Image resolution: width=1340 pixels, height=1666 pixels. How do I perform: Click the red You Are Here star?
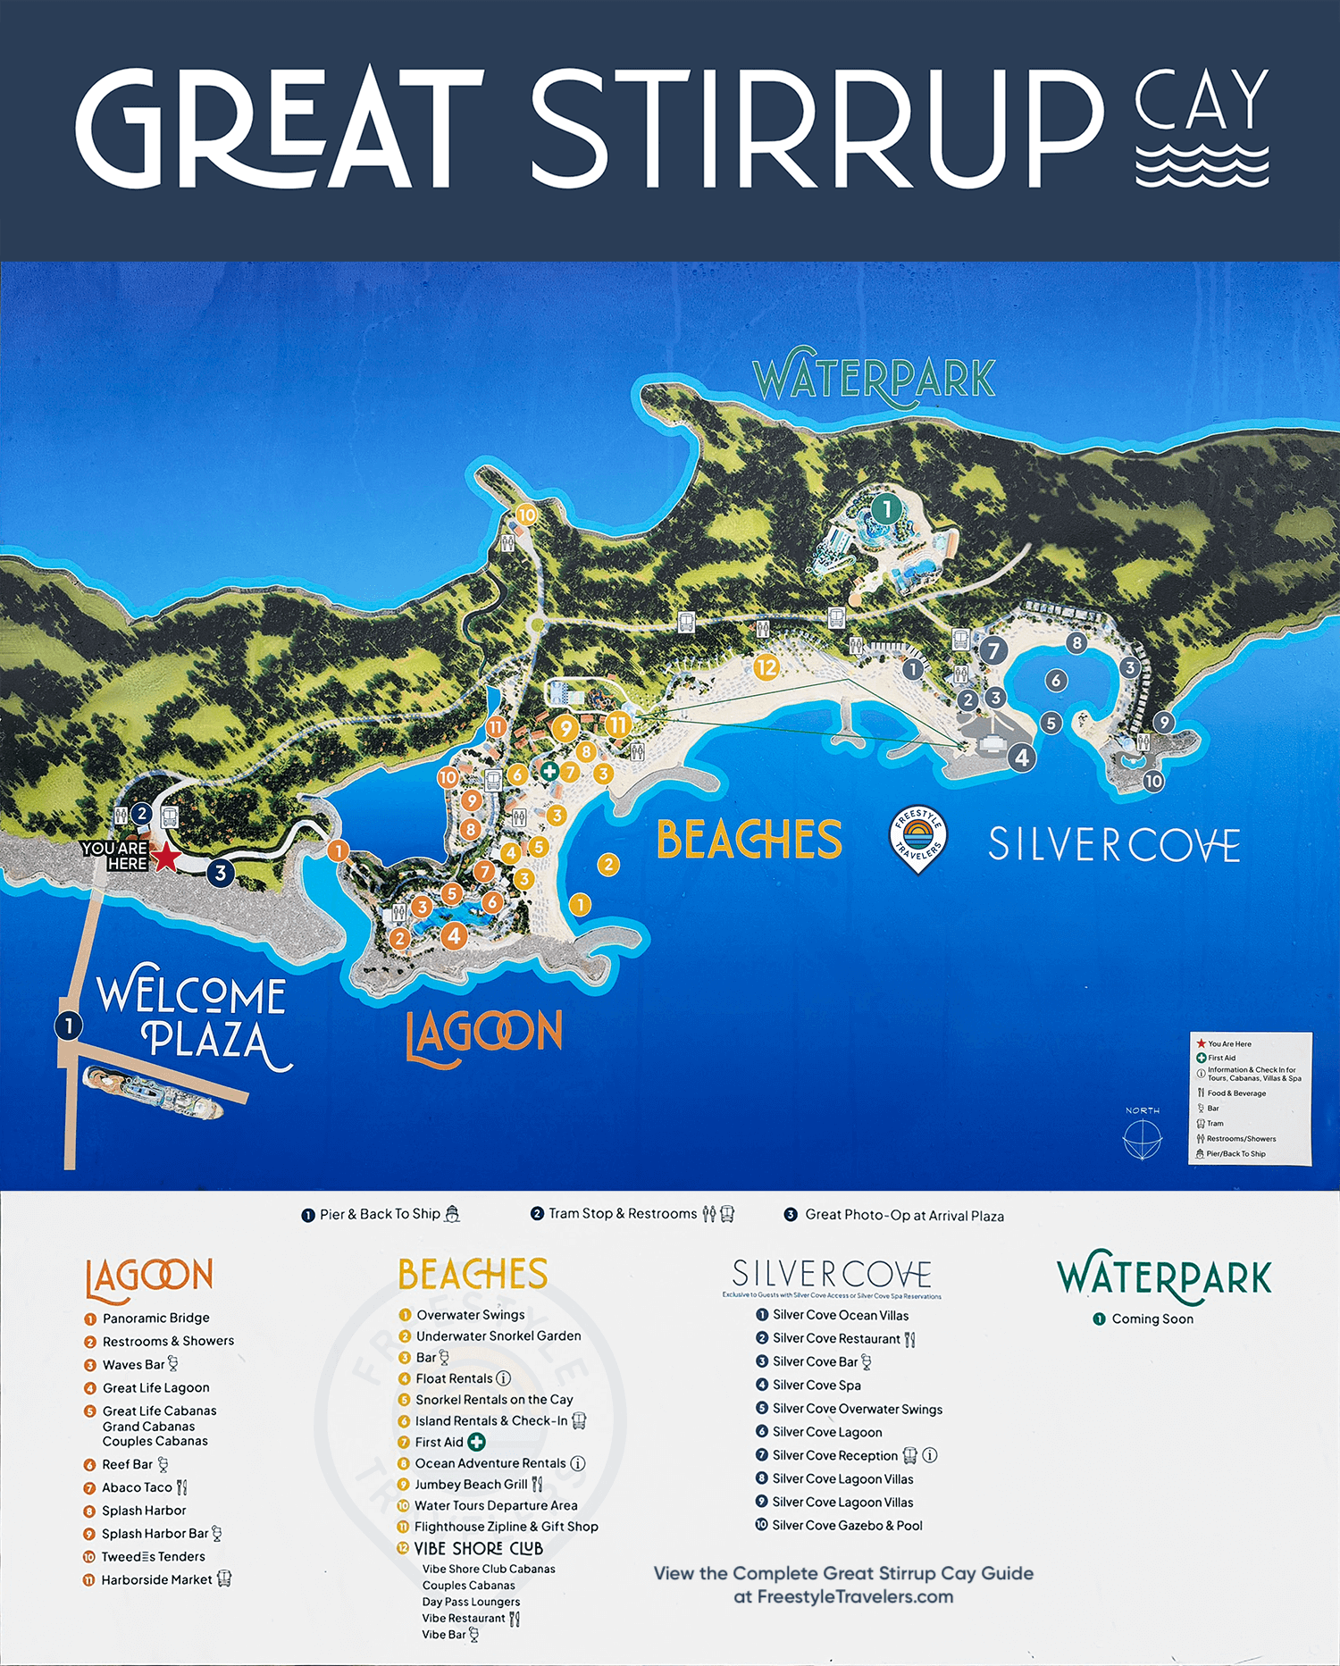166,858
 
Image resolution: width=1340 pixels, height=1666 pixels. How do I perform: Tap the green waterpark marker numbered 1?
886,509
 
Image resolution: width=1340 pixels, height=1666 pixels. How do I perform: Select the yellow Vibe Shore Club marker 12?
766,667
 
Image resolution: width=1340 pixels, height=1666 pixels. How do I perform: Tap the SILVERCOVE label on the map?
1114,845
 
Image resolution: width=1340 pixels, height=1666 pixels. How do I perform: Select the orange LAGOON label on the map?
484,1035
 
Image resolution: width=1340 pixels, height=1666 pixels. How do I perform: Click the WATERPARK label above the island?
875,379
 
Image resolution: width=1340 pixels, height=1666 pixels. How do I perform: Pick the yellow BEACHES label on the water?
750,840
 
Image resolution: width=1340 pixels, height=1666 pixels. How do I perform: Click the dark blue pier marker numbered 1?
69,1026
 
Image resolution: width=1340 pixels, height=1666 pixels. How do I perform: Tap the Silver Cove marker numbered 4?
1022,758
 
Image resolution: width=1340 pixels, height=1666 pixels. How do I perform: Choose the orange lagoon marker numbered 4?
455,935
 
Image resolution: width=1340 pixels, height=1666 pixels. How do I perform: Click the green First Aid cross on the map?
549,770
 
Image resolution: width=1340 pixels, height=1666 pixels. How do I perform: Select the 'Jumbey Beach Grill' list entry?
471,1484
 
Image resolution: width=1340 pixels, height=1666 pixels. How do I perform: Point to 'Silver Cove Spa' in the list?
817,1385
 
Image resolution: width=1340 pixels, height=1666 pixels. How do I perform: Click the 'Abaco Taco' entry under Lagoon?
137,1487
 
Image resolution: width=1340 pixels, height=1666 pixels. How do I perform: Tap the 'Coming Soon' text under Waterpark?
1152,1319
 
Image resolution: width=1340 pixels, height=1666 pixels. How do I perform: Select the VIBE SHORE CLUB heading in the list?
478,1548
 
